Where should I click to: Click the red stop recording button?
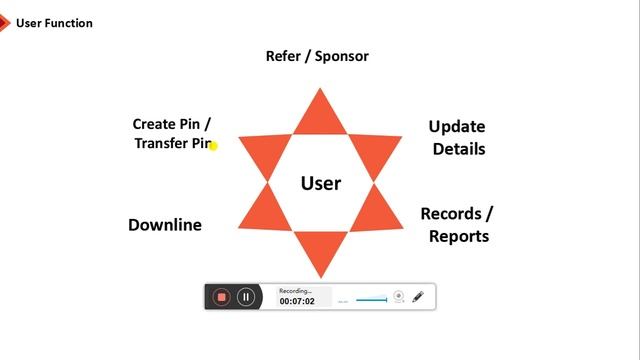(222, 297)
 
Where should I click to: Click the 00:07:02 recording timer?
(297, 301)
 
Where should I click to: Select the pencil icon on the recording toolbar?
(418, 296)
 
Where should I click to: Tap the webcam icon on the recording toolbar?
(398, 296)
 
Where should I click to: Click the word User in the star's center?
(321, 183)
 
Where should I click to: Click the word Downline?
(165, 225)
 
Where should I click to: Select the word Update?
(457, 127)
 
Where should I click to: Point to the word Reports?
(459, 237)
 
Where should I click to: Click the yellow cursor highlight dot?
(213, 146)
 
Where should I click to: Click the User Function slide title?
(54, 23)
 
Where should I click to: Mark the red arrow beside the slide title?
(4, 22)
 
